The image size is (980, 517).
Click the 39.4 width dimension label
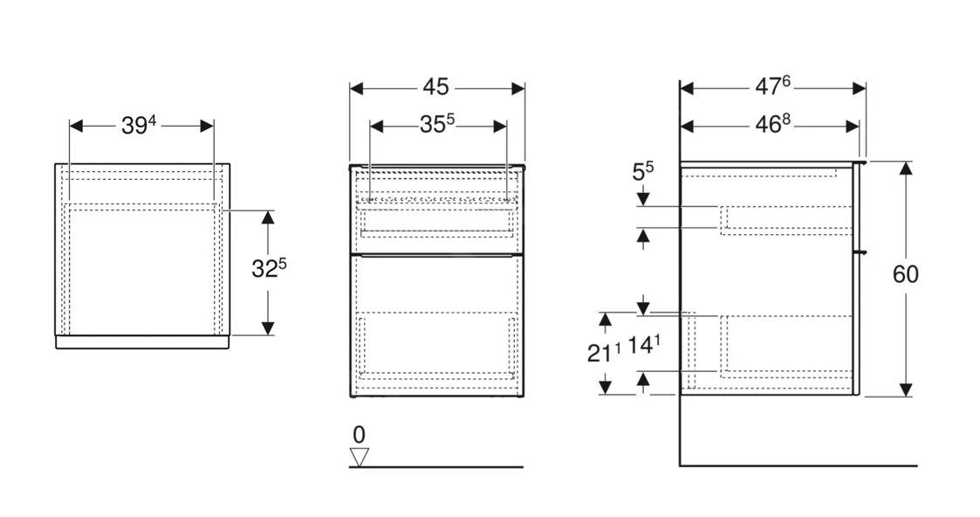pos(138,126)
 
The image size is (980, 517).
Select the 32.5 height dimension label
pos(269,269)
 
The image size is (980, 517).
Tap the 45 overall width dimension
pos(435,87)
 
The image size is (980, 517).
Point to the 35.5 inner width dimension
pos(437,125)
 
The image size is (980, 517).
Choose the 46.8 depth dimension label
pos(772,124)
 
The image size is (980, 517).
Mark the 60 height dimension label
pos(905,274)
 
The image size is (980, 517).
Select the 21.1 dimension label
pos(604,353)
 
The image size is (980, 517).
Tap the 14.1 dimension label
pos(644,345)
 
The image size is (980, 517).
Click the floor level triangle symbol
pos(359,457)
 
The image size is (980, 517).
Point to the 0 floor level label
pos(359,435)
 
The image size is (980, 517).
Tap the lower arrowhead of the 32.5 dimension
pos(268,327)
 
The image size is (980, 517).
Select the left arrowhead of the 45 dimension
pos(357,88)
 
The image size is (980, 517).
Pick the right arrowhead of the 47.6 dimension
pos(859,88)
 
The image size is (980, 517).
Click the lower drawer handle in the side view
pos(861,252)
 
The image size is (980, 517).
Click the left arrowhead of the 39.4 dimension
pos(76,127)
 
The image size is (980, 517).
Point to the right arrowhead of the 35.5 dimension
pos(499,127)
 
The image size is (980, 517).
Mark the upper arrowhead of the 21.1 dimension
pos(605,320)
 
